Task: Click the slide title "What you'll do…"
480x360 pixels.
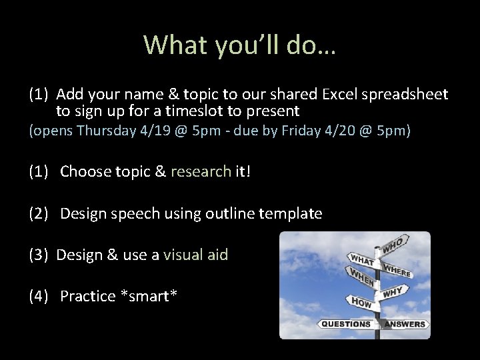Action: [239, 45]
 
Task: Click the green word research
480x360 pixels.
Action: [201, 171]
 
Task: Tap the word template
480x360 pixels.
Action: [291, 214]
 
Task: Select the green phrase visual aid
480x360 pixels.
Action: [195, 255]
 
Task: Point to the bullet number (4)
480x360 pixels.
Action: [39, 296]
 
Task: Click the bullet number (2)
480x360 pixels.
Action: [39, 214]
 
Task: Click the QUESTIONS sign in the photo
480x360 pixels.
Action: [346, 324]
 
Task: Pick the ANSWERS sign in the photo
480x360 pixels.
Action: [405, 324]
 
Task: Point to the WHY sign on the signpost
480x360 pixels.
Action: [391, 291]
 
